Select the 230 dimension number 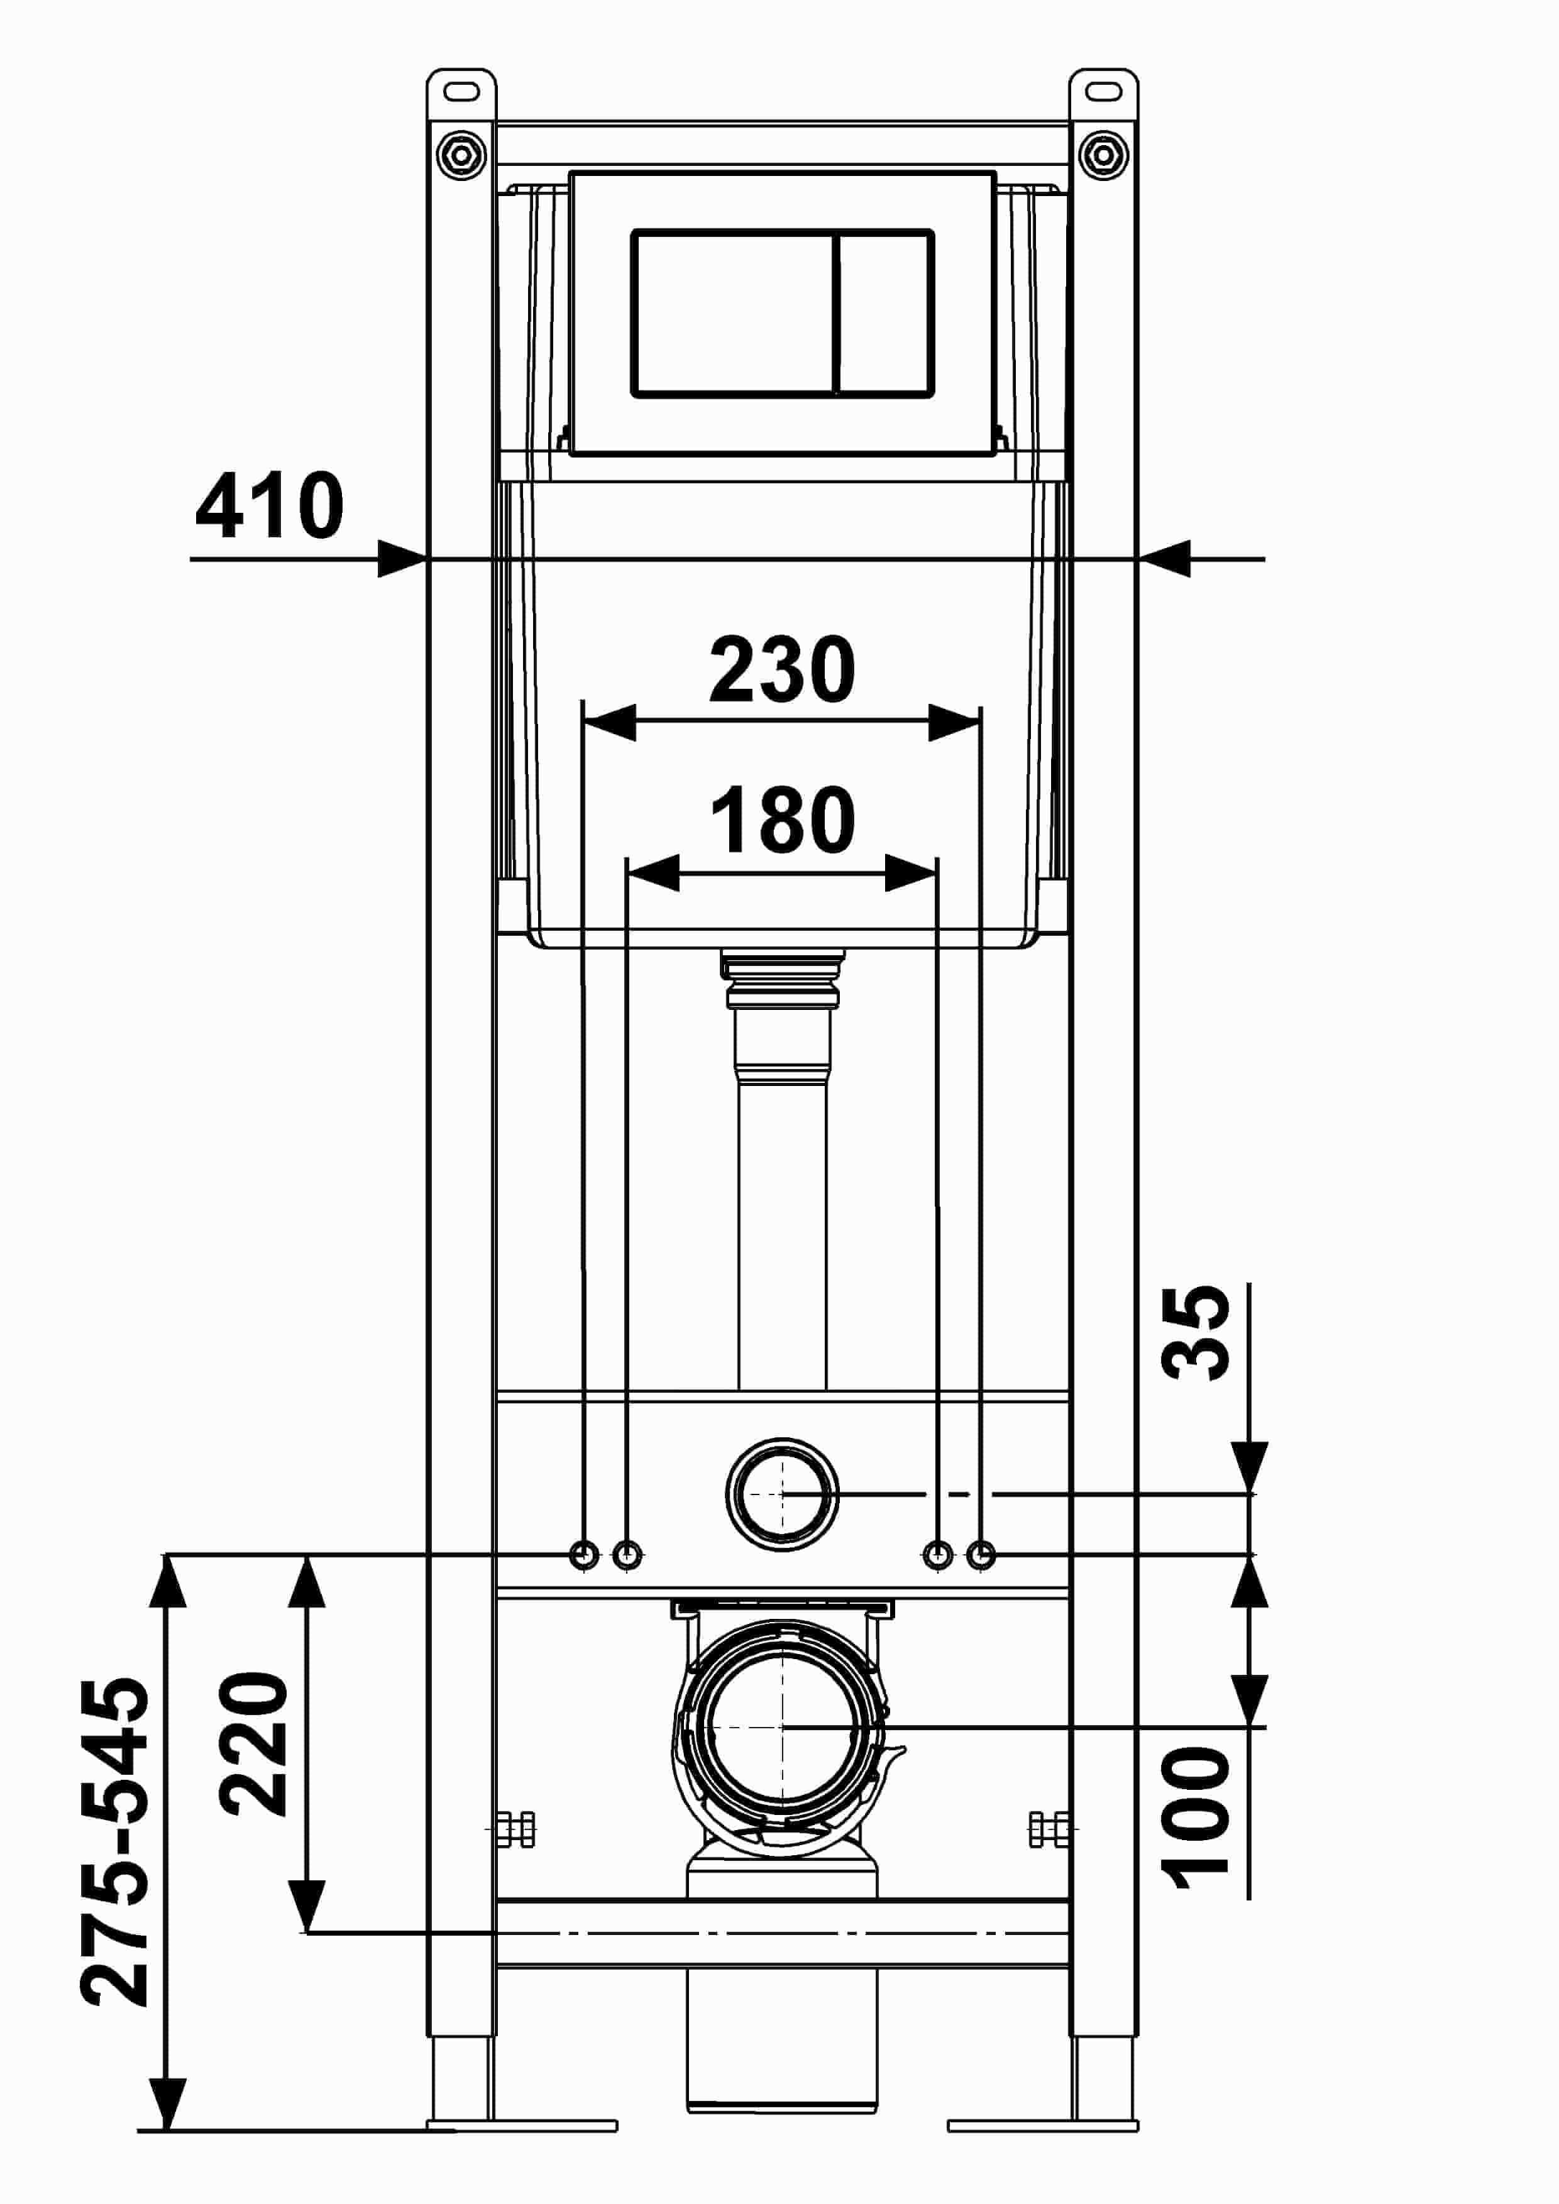click(x=783, y=669)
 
